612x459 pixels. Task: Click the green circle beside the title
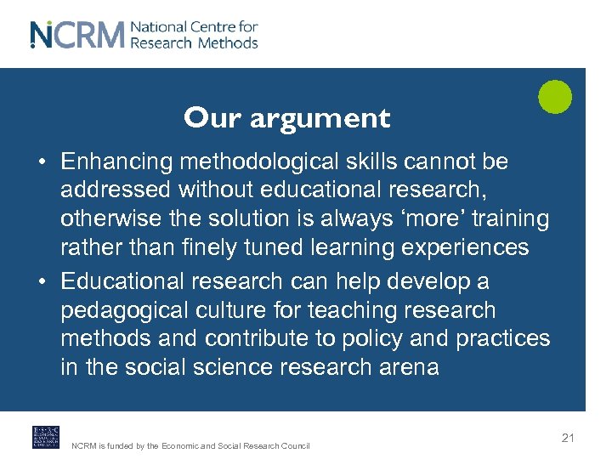click(x=555, y=96)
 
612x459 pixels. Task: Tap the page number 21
click(x=568, y=438)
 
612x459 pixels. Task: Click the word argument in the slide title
click(x=320, y=119)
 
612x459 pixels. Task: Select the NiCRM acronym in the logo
click(x=77, y=34)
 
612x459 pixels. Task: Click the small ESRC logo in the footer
click(x=46, y=437)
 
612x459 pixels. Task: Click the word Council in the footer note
click(x=294, y=445)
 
